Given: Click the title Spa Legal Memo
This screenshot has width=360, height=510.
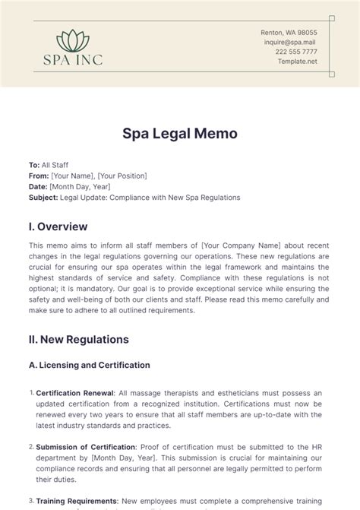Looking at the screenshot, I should (180, 133).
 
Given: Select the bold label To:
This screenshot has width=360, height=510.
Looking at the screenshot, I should (34, 165).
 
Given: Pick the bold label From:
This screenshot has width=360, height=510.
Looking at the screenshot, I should (39, 176).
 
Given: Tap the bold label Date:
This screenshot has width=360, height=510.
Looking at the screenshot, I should (38, 186).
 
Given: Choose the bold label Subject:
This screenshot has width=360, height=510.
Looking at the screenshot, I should (43, 197).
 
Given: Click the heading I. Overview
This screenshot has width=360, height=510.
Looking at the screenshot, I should (58, 226).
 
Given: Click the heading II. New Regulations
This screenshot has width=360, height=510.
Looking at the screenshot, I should (78, 339).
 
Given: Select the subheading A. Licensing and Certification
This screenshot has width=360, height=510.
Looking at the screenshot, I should (89, 365).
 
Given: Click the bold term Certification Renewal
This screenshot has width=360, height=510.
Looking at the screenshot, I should (71, 393).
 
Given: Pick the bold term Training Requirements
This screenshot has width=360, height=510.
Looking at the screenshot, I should (74, 501).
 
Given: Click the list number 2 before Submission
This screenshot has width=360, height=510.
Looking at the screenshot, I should (31, 448).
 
